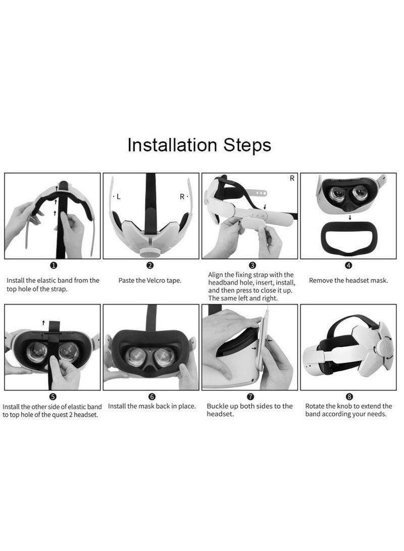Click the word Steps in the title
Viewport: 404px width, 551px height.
pos(247,145)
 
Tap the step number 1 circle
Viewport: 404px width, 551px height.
pos(54,265)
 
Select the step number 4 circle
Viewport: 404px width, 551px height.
pos(348,265)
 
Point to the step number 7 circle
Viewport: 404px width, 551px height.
pos(251,397)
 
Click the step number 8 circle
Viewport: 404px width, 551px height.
pos(349,397)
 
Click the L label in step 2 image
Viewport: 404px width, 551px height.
pos(119,197)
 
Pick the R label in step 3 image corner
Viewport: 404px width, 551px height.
pos(292,179)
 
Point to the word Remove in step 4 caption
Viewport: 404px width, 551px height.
pos(322,280)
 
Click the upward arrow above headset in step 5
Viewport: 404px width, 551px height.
pos(43,322)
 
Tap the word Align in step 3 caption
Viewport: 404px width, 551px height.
pos(218,274)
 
